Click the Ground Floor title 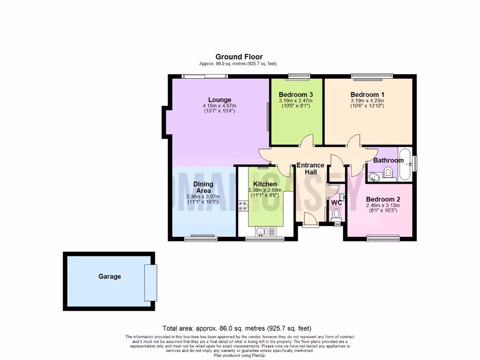tap(239, 57)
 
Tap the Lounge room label tap(219, 99)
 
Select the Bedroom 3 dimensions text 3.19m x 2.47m tap(295, 100)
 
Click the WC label tap(336, 203)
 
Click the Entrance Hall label tap(310, 168)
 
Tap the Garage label tap(109, 277)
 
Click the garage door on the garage tap(150, 283)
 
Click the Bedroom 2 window tap(383, 239)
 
